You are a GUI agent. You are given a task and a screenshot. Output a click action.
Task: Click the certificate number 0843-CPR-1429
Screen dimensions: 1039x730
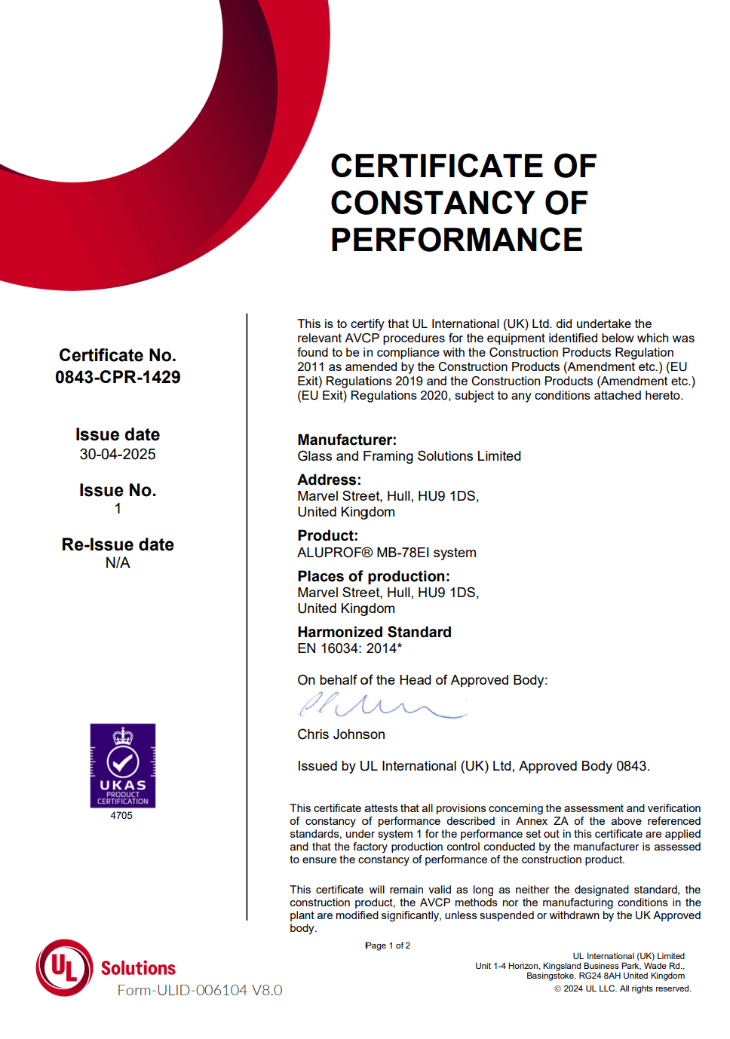(118, 377)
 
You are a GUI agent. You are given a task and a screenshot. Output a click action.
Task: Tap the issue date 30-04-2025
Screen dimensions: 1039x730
(118, 454)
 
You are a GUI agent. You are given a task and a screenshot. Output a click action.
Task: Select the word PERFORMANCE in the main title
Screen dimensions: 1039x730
(456, 240)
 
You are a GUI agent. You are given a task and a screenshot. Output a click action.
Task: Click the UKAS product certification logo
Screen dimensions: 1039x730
(123, 765)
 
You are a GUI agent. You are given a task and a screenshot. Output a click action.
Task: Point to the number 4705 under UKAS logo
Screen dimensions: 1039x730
(121, 815)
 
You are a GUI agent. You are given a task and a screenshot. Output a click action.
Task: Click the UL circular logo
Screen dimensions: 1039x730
(65, 967)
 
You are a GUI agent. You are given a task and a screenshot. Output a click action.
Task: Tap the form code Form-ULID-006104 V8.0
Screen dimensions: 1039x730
(200, 990)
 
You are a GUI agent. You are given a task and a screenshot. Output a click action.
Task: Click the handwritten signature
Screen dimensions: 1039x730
(382, 706)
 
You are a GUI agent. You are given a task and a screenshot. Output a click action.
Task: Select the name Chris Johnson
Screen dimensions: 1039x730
(341, 734)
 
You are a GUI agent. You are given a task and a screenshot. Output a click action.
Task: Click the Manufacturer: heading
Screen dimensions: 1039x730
(347, 440)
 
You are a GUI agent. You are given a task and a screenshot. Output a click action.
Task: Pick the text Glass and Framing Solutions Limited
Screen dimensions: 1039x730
(409, 456)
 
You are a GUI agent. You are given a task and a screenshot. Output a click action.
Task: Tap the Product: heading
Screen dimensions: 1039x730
(327, 535)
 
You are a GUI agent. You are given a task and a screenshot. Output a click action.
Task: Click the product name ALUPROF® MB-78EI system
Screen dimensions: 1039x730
(387, 553)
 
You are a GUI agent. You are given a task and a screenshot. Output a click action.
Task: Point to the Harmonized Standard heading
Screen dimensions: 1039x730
(374, 632)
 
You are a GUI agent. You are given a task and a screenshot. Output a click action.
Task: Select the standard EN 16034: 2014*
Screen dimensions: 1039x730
(349, 648)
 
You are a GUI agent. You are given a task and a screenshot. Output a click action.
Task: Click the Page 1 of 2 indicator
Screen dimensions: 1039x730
(388, 946)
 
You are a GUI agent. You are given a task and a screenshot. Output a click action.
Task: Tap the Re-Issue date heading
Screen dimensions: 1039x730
(118, 544)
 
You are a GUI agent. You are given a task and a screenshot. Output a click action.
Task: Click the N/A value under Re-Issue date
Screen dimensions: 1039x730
(118, 562)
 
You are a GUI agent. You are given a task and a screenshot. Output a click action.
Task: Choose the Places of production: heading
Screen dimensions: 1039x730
(373, 576)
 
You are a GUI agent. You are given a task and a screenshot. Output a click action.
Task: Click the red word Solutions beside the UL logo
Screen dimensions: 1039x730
(138, 968)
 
